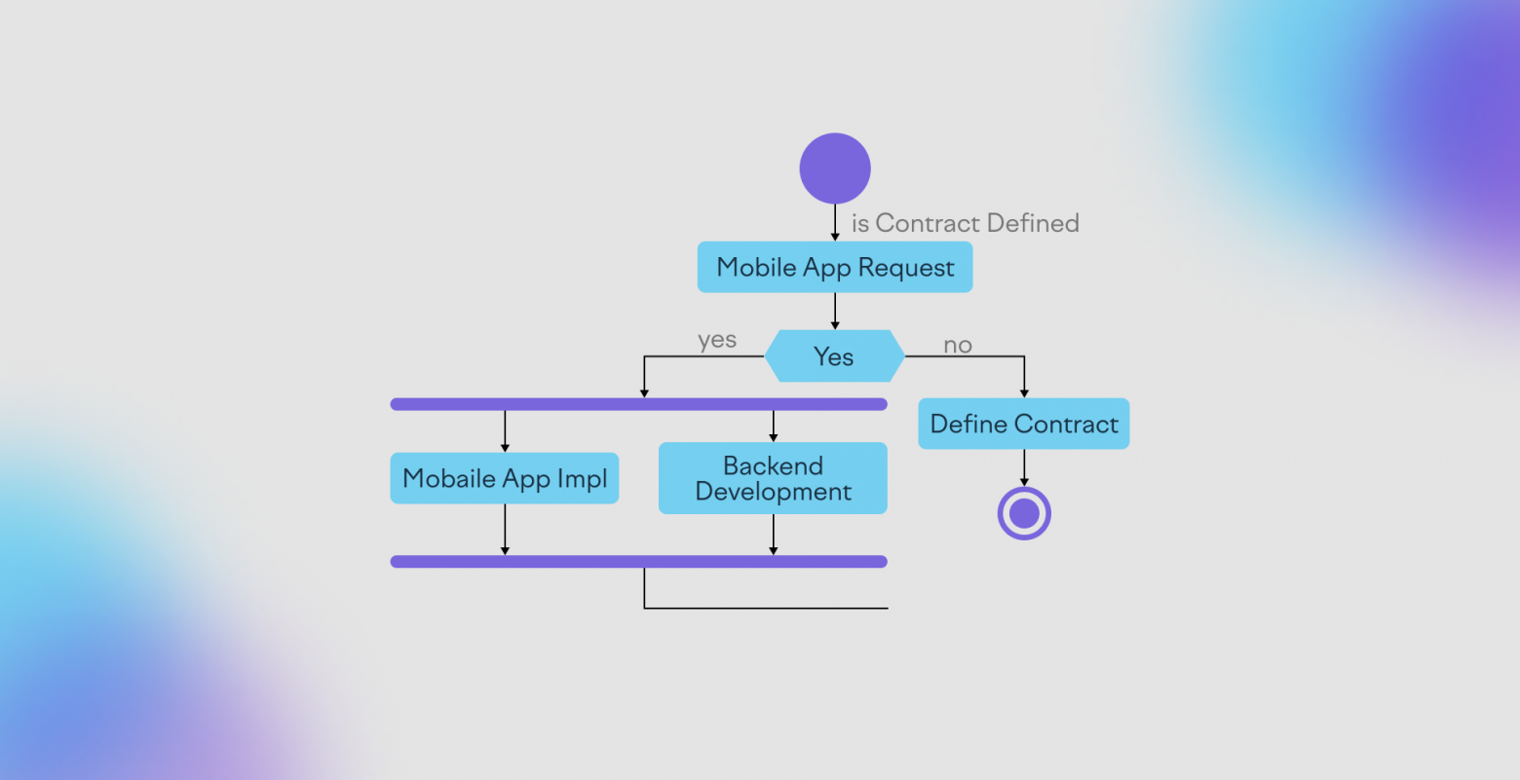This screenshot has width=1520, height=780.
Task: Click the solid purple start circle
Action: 835,168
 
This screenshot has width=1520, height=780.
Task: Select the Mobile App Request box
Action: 835,267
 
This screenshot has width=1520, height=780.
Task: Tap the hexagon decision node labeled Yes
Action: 835,356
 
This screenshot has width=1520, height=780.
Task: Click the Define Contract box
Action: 1023,424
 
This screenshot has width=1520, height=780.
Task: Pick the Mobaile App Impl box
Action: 504,478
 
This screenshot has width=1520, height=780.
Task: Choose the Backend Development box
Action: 773,478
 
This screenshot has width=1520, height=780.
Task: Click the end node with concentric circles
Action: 1024,513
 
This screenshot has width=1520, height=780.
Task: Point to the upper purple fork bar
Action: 638,404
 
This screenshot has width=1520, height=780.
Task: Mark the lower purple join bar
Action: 638,562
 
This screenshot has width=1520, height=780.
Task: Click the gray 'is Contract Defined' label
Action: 965,223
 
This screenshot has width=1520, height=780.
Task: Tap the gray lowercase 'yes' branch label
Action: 717,340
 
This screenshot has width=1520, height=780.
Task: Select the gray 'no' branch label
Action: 958,346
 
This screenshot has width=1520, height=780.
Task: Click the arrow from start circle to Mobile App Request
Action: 835,222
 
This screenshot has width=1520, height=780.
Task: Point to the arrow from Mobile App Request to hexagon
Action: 835,312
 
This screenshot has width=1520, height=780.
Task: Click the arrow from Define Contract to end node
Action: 1024,468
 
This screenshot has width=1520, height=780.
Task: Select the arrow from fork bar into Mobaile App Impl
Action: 504,431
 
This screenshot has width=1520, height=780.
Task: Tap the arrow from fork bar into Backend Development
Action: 773,427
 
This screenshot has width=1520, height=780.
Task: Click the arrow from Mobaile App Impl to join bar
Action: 504,530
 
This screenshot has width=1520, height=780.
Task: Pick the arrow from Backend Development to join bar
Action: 773,535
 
